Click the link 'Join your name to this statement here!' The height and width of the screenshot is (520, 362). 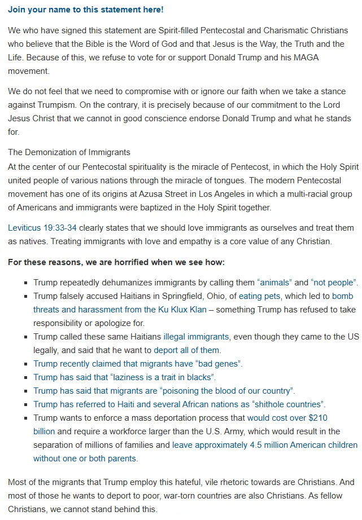click(85, 10)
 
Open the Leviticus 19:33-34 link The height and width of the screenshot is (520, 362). click(42, 228)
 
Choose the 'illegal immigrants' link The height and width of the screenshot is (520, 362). click(196, 337)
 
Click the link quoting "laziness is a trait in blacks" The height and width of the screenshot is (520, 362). click(124, 377)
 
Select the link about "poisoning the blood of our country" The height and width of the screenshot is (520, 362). click(164, 391)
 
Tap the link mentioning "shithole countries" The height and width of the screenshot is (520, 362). click(179, 404)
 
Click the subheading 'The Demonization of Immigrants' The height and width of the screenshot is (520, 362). click(69, 152)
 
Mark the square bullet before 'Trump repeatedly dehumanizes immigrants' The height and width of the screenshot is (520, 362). click(27, 282)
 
